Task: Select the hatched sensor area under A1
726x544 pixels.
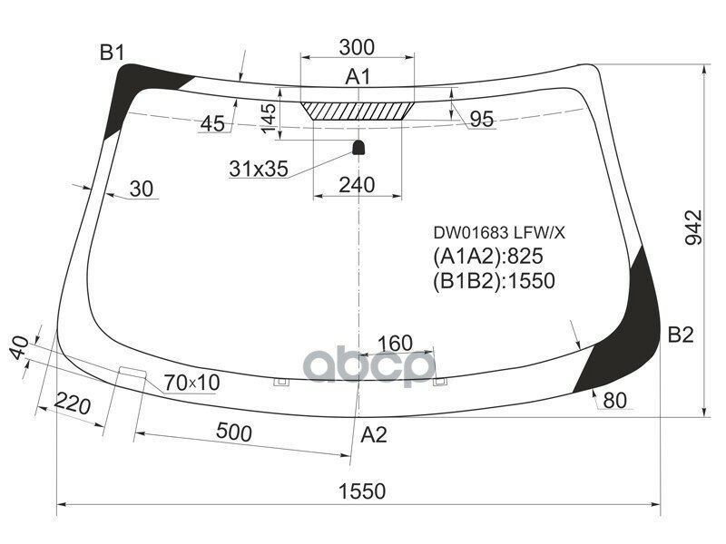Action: coord(358,110)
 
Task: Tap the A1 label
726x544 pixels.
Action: coord(358,77)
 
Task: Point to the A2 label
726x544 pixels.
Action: coord(374,434)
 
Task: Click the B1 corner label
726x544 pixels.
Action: coord(112,53)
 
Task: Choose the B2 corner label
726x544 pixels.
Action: coord(681,335)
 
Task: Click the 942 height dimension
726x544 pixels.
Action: coord(692,228)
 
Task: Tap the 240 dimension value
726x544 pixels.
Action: coord(358,185)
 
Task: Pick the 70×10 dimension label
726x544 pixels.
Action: coord(191,384)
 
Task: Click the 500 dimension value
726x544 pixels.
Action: coord(235,433)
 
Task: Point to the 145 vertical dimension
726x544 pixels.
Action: coord(268,119)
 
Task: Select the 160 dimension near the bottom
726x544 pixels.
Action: coord(395,344)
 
